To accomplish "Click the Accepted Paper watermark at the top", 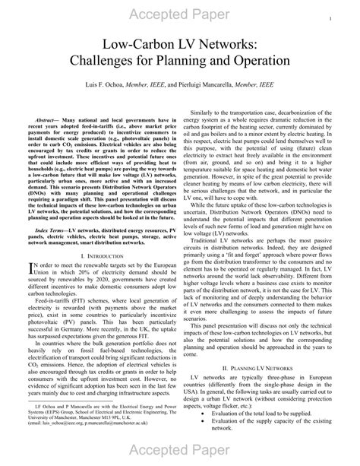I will click(180, 17).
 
